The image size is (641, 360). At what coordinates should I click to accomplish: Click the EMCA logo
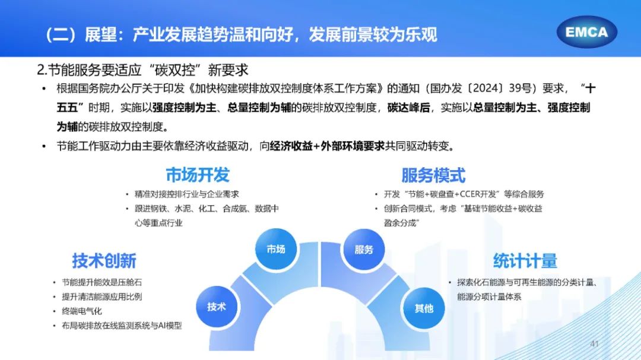click(586, 32)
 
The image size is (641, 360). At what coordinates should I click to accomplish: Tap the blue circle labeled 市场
click(276, 249)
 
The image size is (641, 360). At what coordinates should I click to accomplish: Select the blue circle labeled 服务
click(363, 249)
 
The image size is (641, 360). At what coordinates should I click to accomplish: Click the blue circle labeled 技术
click(217, 307)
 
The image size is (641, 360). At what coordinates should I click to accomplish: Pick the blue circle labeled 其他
click(424, 308)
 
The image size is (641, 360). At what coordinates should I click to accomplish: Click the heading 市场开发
click(198, 175)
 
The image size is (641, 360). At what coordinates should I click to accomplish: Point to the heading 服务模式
click(433, 176)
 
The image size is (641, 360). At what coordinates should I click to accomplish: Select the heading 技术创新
click(104, 261)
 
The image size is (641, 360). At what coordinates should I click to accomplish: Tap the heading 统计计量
click(525, 261)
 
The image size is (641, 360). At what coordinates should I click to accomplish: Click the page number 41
click(594, 343)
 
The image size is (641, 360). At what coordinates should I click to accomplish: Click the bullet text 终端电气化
click(82, 311)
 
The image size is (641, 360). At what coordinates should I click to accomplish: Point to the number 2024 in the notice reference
click(487, 88)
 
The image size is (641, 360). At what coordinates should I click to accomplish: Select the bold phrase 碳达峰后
click(408, 107)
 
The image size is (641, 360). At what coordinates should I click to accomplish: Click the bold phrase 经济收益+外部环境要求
click(327, 146)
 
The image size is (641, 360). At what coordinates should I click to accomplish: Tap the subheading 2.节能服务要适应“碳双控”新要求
click(142, 70)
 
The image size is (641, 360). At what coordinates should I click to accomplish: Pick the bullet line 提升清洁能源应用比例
click(102, 297)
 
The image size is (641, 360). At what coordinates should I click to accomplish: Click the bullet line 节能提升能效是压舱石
click(102, 282)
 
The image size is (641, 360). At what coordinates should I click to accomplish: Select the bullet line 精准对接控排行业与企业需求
click(187, 194)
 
